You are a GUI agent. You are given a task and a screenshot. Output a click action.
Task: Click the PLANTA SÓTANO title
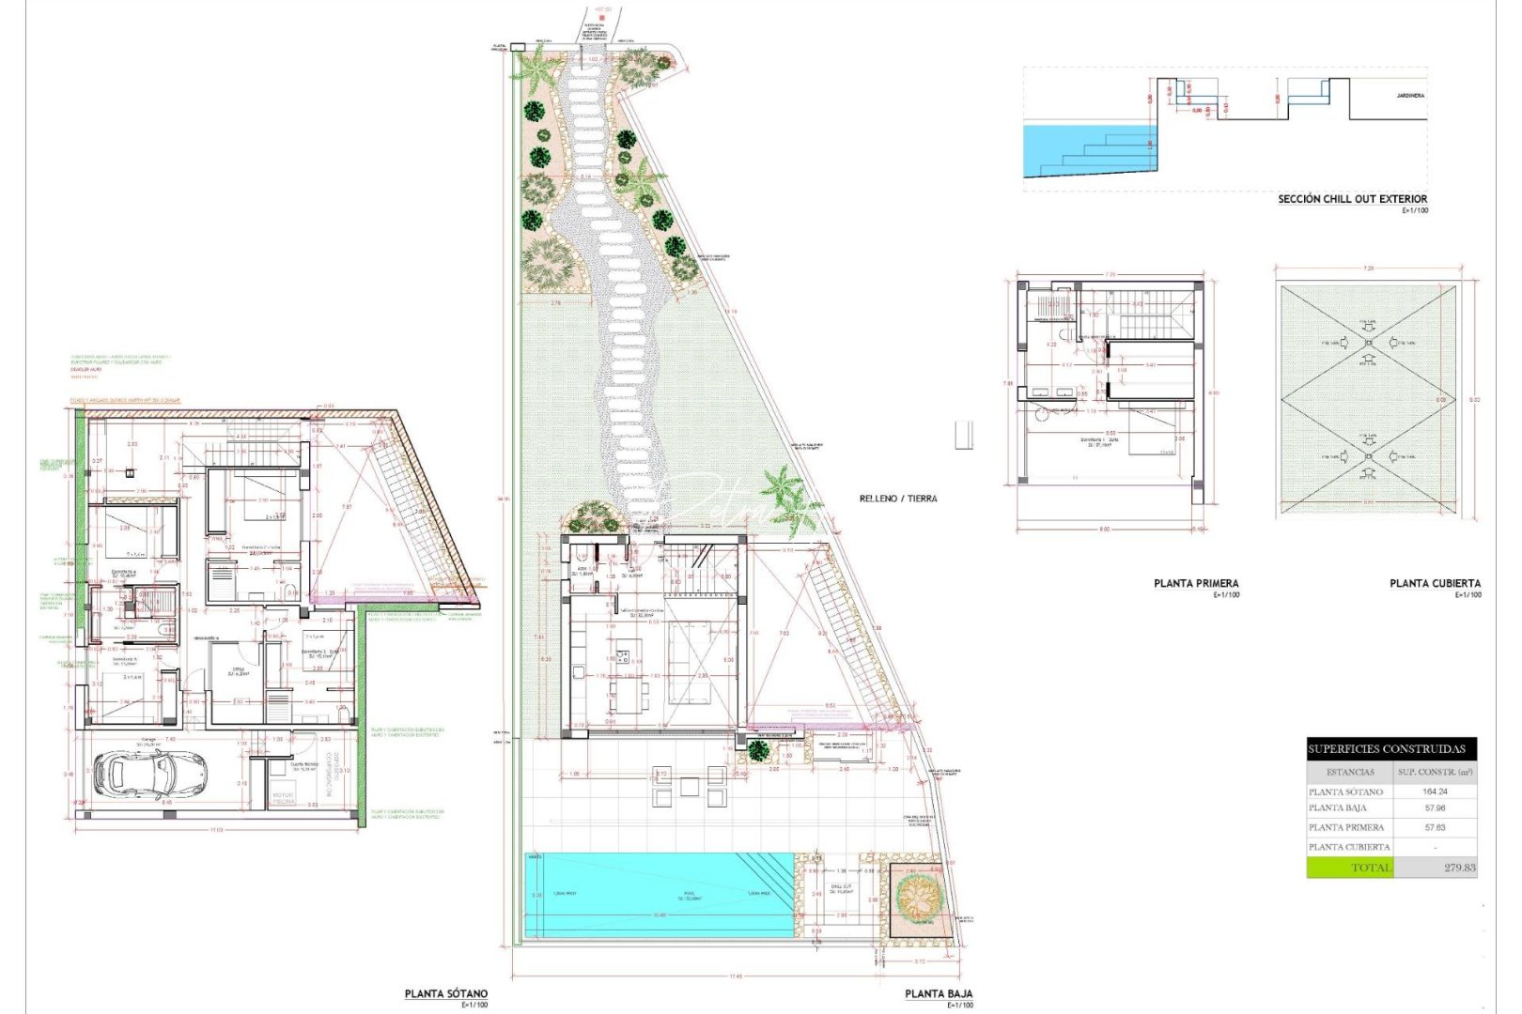tap(445, 993)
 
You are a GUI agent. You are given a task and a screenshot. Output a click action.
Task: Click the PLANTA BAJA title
tap(938, 993)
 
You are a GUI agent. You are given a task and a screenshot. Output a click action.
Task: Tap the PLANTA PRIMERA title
tap(1195, 583)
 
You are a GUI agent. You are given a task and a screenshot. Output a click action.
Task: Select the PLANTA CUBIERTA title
tap(1435, 583)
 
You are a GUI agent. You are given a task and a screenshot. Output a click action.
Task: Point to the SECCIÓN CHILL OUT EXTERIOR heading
tap(1352, 199)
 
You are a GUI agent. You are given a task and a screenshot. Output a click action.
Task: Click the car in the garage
tap(136, 775)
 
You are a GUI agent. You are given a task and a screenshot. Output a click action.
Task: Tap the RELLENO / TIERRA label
tap(897, 499)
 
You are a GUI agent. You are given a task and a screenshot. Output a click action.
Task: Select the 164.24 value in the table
tap(1435, 791)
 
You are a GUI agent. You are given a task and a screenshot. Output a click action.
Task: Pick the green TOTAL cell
tap(1349, 868)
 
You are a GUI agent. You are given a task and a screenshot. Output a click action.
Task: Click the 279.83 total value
tap(1459, 868)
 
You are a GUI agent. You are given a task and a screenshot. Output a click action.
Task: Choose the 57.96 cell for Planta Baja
tap(1435, 807)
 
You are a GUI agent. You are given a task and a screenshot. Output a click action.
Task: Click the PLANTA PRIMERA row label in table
tap(1346, 827)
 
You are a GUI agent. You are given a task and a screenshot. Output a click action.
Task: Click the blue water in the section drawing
tap(1062, 150)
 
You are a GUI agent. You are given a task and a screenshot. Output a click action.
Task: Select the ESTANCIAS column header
tap(1350, 772)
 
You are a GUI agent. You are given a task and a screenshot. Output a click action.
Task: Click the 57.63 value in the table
tap(1435, 827)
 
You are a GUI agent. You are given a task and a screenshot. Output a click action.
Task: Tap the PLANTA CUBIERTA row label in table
tap(1349, 847)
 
